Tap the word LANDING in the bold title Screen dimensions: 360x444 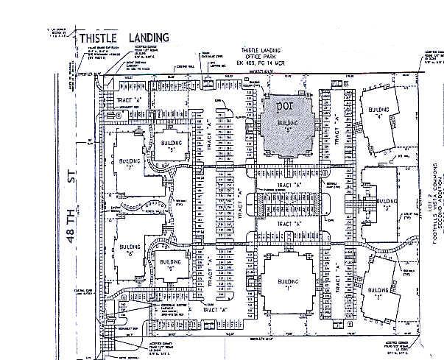(x=147, y=38)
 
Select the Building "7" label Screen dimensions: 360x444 (x=130, y=163)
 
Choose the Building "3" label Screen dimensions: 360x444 (x=386, y=202)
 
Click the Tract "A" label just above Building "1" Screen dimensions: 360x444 (x=288, y=222)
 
